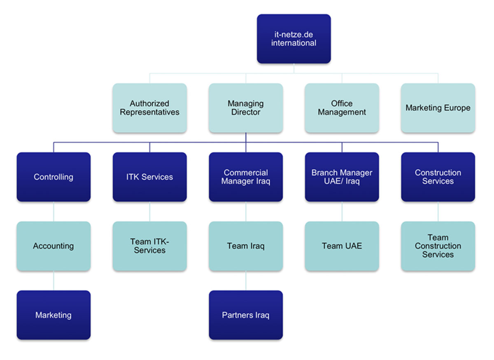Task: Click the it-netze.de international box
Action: [x=294, y=39]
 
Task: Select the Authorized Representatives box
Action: [x=149, y=108]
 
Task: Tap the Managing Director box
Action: [x=246, y=108]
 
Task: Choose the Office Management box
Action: [x=342, y=108]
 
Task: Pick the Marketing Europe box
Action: [x=438, y=108]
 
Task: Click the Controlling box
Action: [x=54, y=177]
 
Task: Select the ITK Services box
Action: [x=149, y=177]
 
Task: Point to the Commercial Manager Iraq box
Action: [x=246, y=177]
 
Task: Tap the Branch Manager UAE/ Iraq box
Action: [x=342, y=177]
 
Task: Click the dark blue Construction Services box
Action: [x=438, y=177]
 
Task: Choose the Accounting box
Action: [x=54, y=246]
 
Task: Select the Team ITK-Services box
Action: [x=149, y=246]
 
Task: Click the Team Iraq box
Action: [x=246, y=246]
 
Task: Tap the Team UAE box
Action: [x=342, y=246]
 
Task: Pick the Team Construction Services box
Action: [x=438, y=246]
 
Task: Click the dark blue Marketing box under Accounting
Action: [x=54, y=315]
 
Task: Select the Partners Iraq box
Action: [x=246, y=315]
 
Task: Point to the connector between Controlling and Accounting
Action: [x=54, y=211]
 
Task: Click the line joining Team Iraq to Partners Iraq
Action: [x=246, y=281]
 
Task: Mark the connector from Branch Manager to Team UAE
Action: [x=342, y=211]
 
